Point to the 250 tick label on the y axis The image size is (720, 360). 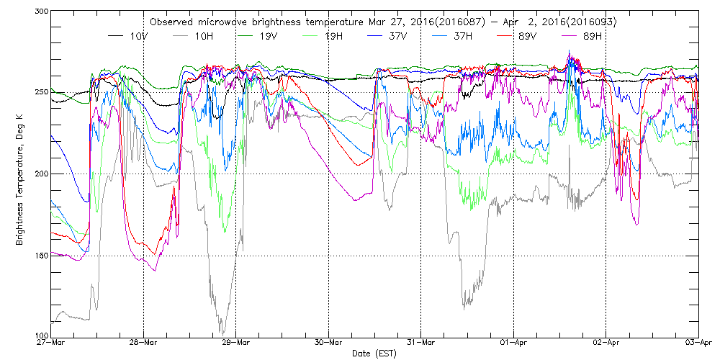click(40, 91)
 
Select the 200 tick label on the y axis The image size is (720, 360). click(40, 174)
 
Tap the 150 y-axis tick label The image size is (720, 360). click(40, 256)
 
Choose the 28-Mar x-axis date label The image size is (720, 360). click(144, 343)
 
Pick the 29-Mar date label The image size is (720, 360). click(236, 343)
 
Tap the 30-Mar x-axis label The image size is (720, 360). click(329, 343)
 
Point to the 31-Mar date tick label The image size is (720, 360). click(421, 343)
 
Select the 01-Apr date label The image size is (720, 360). click(514, 343)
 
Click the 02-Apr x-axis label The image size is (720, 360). click(606, 343)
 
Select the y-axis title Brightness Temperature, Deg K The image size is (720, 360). click(19, 174)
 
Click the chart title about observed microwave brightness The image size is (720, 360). click(382, 22)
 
